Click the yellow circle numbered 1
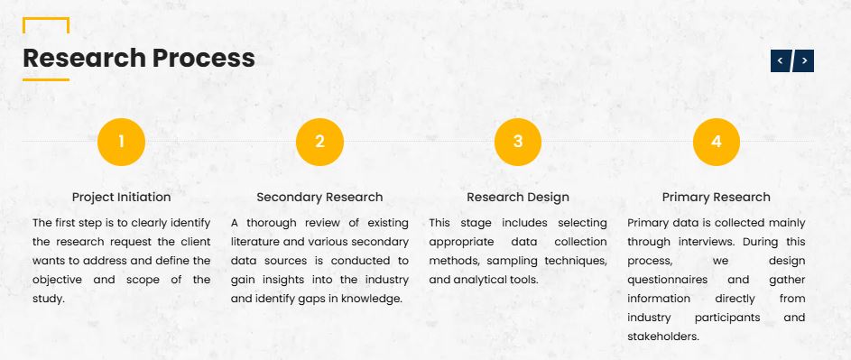coord(121,142)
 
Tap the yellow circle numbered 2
coord(319,142)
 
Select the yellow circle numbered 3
coord(518,142)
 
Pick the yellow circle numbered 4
coord(717,142)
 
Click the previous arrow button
coord(781,60)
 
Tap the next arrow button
coord(804,60)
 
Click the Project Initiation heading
coord(122,197)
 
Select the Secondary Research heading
coord(319,197)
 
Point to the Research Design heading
coord(518,197)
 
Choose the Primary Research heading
coord(717,197)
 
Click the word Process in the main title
coord(204,58)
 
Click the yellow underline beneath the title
coord(46,79)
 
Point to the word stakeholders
coord(662,337)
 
